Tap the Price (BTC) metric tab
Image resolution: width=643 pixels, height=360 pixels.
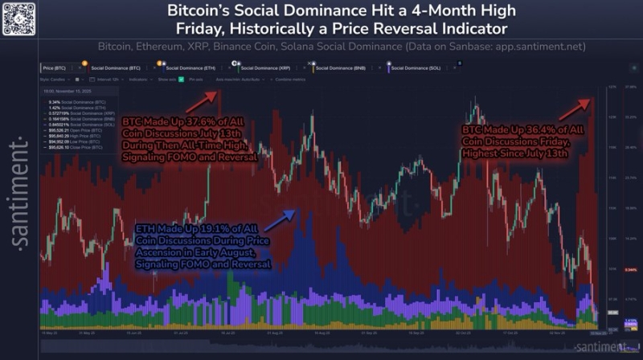(x=55, y=67)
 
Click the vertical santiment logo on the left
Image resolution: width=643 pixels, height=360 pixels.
(x=13, y=190)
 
